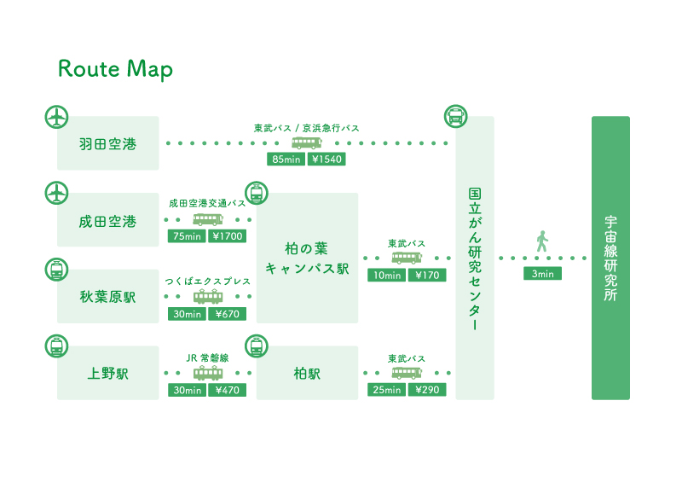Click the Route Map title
pyautogui.click(x=116, y=69)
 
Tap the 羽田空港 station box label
pyautogui.click(x=108, y=144)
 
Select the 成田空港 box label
pyautogui.click(x=108, y=222)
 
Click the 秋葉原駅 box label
pyautogui.click(x=108, y=297)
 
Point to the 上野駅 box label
pyautogui.click(x=108, y=374)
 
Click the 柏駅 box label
pyautogui.click(x=307, y=374)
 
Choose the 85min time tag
pyautogui.click(x=286, y=160)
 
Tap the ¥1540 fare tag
pyautogui.click(x=327, y=160)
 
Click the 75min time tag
pyautogui.click(x=187, y=236)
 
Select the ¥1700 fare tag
pyautogui.click(x=228, y=236)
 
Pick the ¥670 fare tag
pyautogui.click(x=228, y=314)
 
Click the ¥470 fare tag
pyautogui.click(x=228, y=390)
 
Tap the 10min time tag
pyautogui.click(x=387, y=276)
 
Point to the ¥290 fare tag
pyautogui.click(x=427, y=390)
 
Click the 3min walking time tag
pyautogui.click(x=542, y=274)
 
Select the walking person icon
pyautogui.click(x=541, y=241)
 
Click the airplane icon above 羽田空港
pyautogui.click(x=56, y=117)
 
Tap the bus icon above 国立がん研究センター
pyautogui.click(x=455, y=116)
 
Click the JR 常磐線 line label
pyautogui.click(x=207, y=358)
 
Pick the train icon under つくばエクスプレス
pyautogui.click(x=208, y=297)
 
